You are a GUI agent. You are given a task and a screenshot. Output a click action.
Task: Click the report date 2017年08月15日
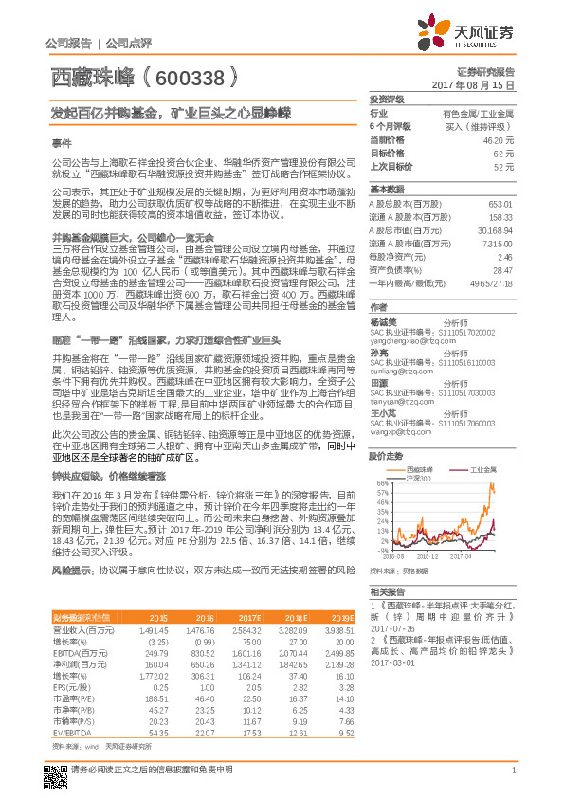pyautogui.click(x=481, y=85)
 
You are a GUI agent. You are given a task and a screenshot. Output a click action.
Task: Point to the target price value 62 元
pyautogui.click(x=503, y=152)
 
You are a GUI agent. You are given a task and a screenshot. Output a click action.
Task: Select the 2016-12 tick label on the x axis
pyautogui.click(x=425, y=557)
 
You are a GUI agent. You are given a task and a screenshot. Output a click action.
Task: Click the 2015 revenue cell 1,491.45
pyautogui.click(x=155, y=629)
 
